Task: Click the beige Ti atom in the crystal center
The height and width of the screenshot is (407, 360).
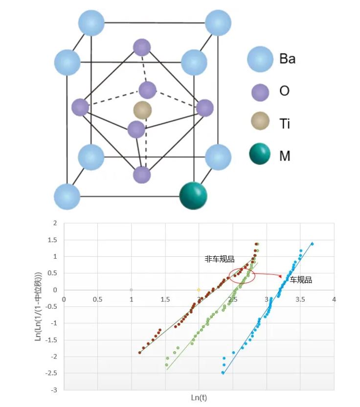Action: coord(142,111)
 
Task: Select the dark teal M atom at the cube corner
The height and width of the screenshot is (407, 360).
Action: coord(193,195)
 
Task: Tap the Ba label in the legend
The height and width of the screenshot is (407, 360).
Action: coord(287,59)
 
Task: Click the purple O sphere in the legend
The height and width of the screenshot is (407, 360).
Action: coord(260,91)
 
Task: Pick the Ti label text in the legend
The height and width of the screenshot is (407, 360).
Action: coord(285,124)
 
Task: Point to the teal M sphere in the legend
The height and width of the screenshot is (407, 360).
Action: coord(260,156)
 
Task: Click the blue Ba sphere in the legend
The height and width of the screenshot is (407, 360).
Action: coord(260,59)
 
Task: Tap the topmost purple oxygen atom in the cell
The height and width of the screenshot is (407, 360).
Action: coord(141,47)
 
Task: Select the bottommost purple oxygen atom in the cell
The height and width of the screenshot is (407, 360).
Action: coord(142,175)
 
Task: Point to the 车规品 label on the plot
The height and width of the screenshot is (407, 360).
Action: coord(301,280)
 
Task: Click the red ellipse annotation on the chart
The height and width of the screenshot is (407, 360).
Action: coord(242,275)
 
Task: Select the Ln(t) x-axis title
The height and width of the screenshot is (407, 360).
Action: coord(199,397)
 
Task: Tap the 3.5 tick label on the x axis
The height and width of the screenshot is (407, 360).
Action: coord(300,299)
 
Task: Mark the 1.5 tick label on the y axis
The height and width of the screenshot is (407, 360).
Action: coord(53,240)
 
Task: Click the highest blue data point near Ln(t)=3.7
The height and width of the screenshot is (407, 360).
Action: coord(312,244)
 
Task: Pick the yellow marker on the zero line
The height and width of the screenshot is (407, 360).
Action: coord(199,290)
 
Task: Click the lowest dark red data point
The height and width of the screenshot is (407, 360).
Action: coord(139,352)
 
